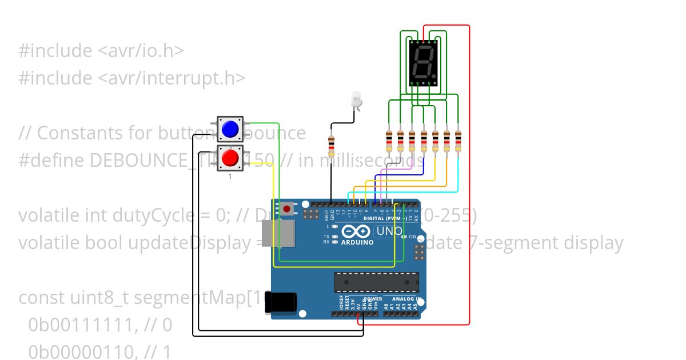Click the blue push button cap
click(230, 129)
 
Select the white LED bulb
click(357, 100)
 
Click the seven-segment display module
click(423, 63)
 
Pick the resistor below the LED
click(331, 147)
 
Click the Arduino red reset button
click(286, 209)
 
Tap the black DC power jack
click(281, 303)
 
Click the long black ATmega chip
click(376, 282)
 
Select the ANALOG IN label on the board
click(406, 299)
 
